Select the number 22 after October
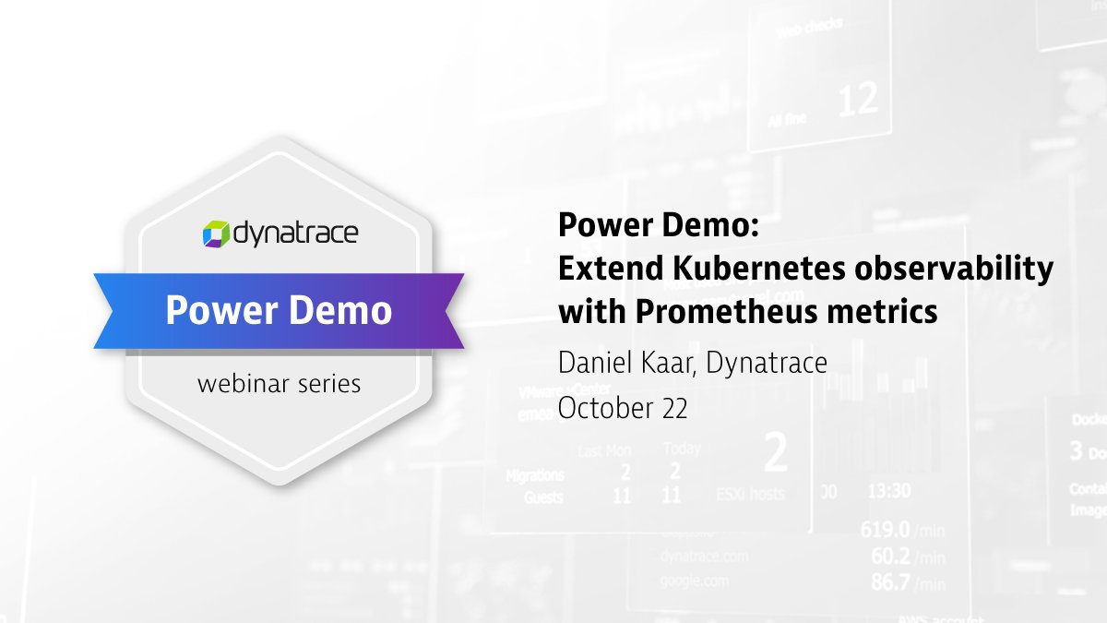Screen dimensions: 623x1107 coord(671,408)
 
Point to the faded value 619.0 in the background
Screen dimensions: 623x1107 coord(886,530)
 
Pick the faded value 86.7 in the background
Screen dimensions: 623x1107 coord(891,582)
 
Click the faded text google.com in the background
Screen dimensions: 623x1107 coord(693,581)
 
